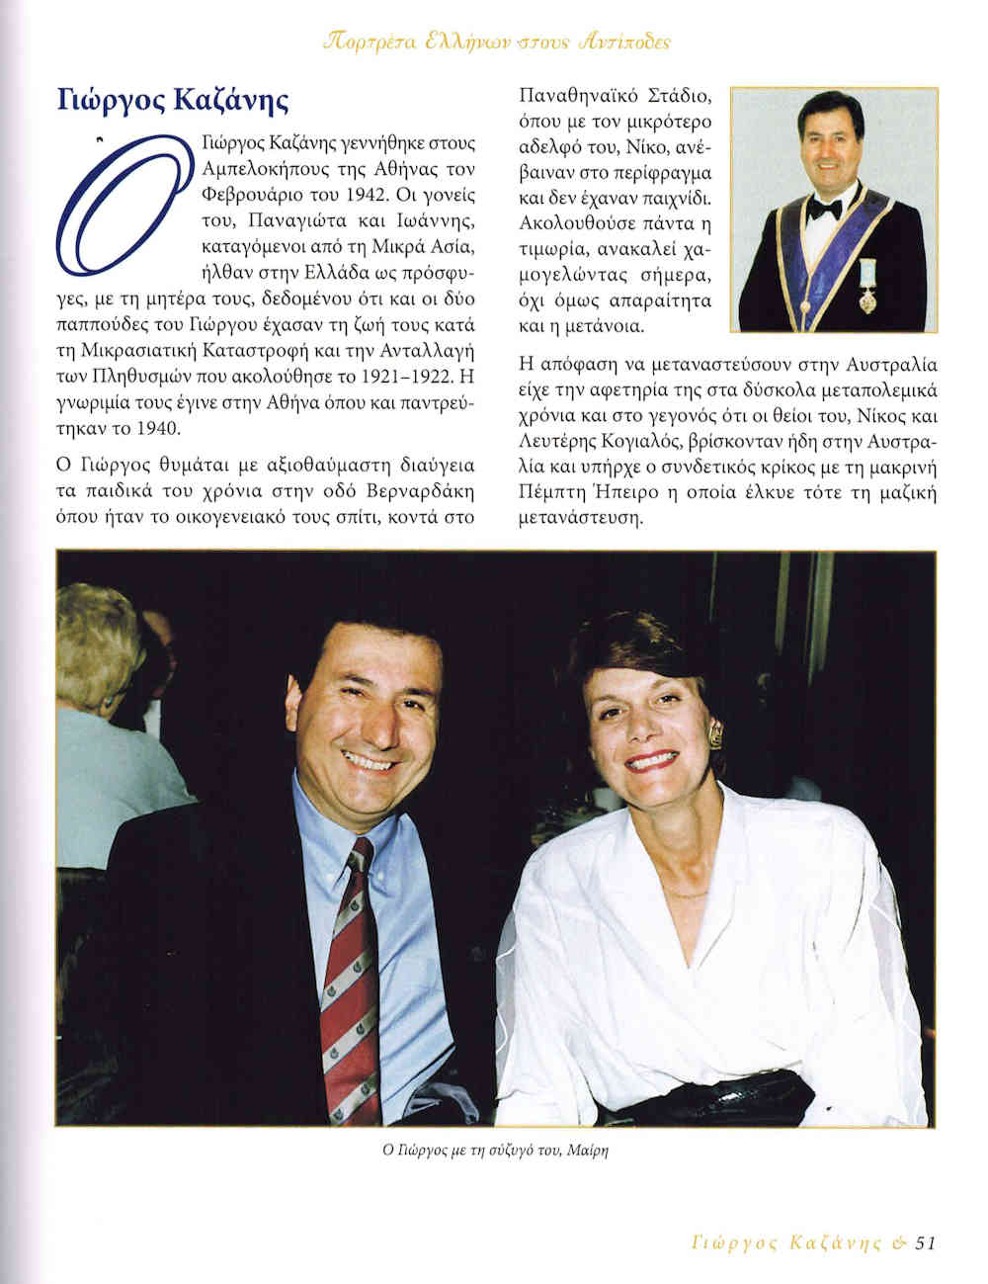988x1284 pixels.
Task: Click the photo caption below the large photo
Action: [492, 1152]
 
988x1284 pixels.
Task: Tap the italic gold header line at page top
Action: [497, 43]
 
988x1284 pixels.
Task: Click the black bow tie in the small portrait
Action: [824, 209]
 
